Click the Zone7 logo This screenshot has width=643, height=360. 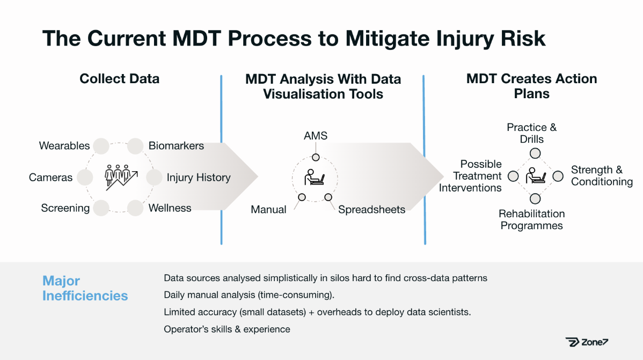point(587,342)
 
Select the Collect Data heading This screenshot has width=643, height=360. point(119,79)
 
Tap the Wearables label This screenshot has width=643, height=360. point(64,145)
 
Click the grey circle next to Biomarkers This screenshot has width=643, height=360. point(135,145)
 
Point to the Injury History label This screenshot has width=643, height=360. point(199,178)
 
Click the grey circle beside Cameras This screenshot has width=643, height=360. point(85,177)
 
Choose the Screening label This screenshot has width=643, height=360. point(65,208)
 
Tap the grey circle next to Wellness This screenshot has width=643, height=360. point(135,208)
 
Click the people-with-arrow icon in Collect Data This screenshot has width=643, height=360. point(121,178)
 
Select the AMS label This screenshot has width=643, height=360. point(316,136)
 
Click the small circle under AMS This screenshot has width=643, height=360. point(316,157)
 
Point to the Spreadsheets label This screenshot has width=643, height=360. point(371,210)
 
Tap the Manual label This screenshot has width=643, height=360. point(268,210)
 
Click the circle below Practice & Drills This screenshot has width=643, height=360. point(535,153)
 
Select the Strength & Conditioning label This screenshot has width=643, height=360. point(602,175)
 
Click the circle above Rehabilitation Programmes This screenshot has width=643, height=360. point(535,199)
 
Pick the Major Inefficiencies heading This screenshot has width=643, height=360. point(85,288)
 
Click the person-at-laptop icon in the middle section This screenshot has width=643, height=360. point(315,177)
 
